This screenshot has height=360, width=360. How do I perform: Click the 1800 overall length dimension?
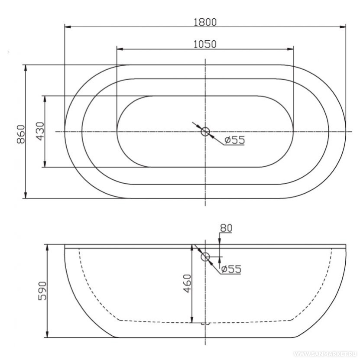pyautogui.click(x=205, y=22)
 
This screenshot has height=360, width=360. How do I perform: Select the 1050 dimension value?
pyautogui.click(x=205, y=44)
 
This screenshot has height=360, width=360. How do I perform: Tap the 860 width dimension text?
pyautogui.click(x=21, y=134)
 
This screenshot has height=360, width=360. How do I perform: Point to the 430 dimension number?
pyautogui.click(x=40, y=131)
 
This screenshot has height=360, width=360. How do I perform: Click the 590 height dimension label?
pyautogui.click(x=42, y=291)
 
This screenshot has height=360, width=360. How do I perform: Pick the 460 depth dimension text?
pyautogui.click(x=187, y=284)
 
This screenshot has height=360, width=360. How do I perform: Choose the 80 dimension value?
pyautogui.click(x=226, y=228)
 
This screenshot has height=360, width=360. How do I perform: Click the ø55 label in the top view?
pyautogui.click(x=235, y=140)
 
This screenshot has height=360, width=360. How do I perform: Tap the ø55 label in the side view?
pyautogui.click(x=231, y=269)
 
